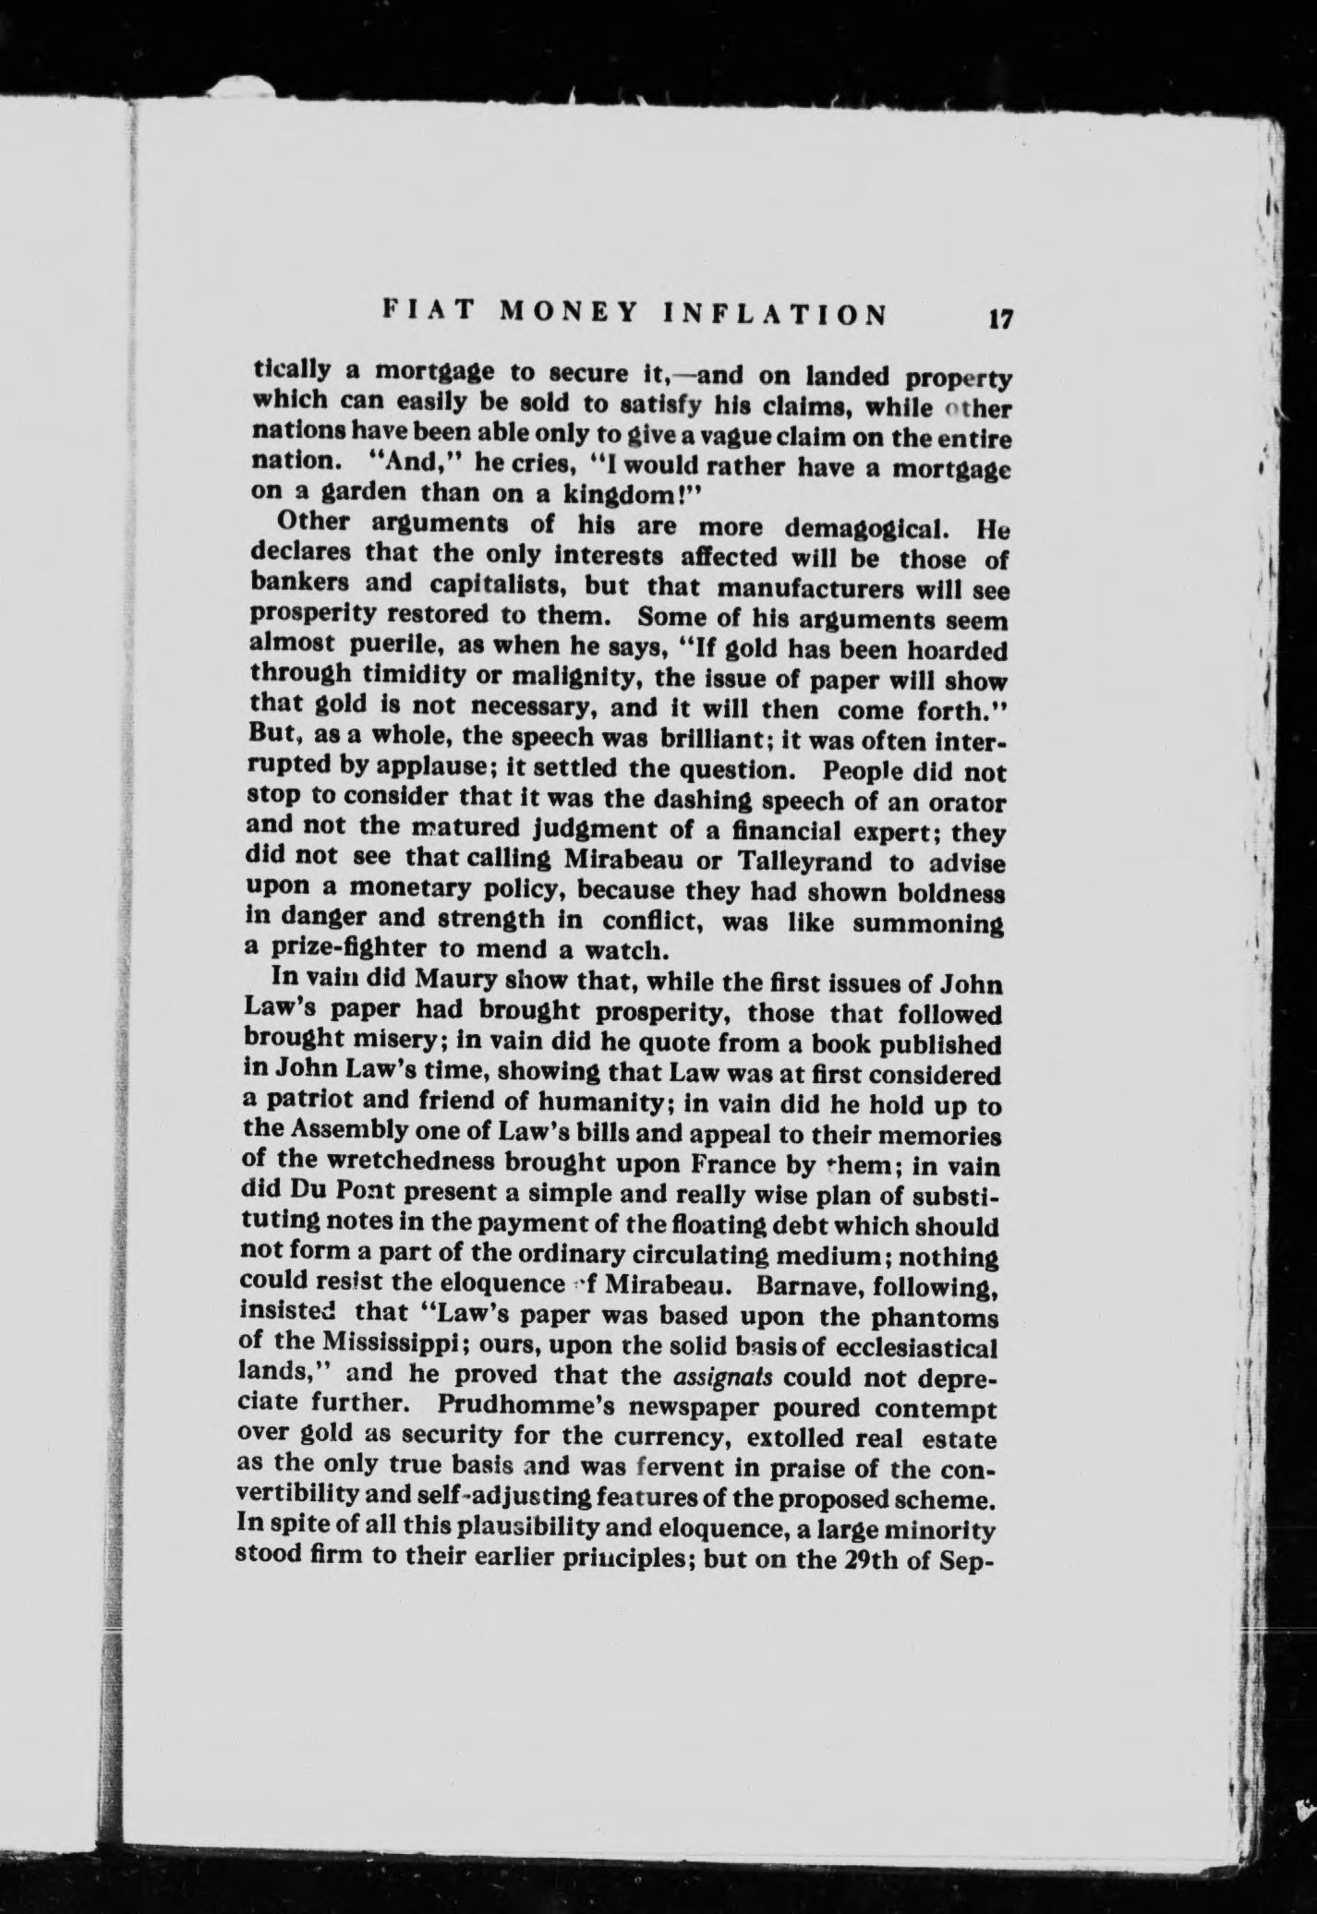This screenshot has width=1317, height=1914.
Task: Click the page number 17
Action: point(1000,319)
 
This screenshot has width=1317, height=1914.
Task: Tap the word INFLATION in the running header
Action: point(775,313)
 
